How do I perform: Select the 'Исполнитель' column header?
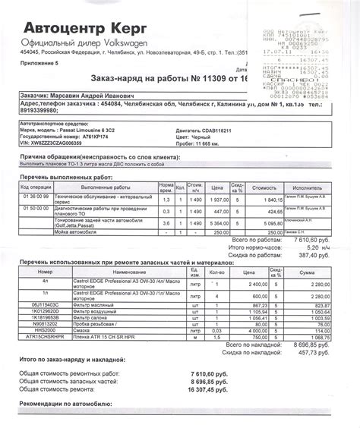pos(305,186)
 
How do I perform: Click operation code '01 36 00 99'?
pos(36,196)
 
